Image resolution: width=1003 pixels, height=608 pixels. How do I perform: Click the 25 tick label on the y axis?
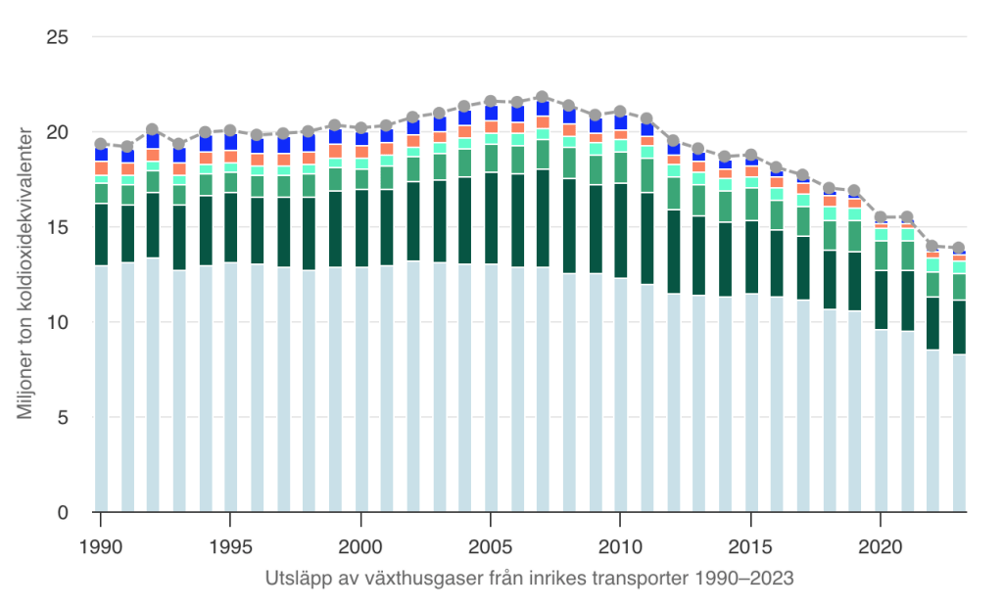coord(55,37)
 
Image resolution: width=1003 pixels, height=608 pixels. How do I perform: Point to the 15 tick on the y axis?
coord(55,227)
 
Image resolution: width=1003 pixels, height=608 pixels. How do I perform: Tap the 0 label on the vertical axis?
coord(61,512)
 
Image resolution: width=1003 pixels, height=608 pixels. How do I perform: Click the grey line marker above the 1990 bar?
coord(101,144)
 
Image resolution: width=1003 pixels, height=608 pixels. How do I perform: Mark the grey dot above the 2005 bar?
coord(491,101)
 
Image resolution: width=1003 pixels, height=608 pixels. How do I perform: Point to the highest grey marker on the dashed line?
coord(543,97)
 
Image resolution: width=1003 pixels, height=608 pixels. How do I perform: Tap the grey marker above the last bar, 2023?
coord(959,248)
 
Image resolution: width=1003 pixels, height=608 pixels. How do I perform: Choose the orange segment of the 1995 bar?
coord(230,157)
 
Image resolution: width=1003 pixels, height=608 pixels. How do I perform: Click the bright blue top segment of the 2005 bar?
coord(491,113)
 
